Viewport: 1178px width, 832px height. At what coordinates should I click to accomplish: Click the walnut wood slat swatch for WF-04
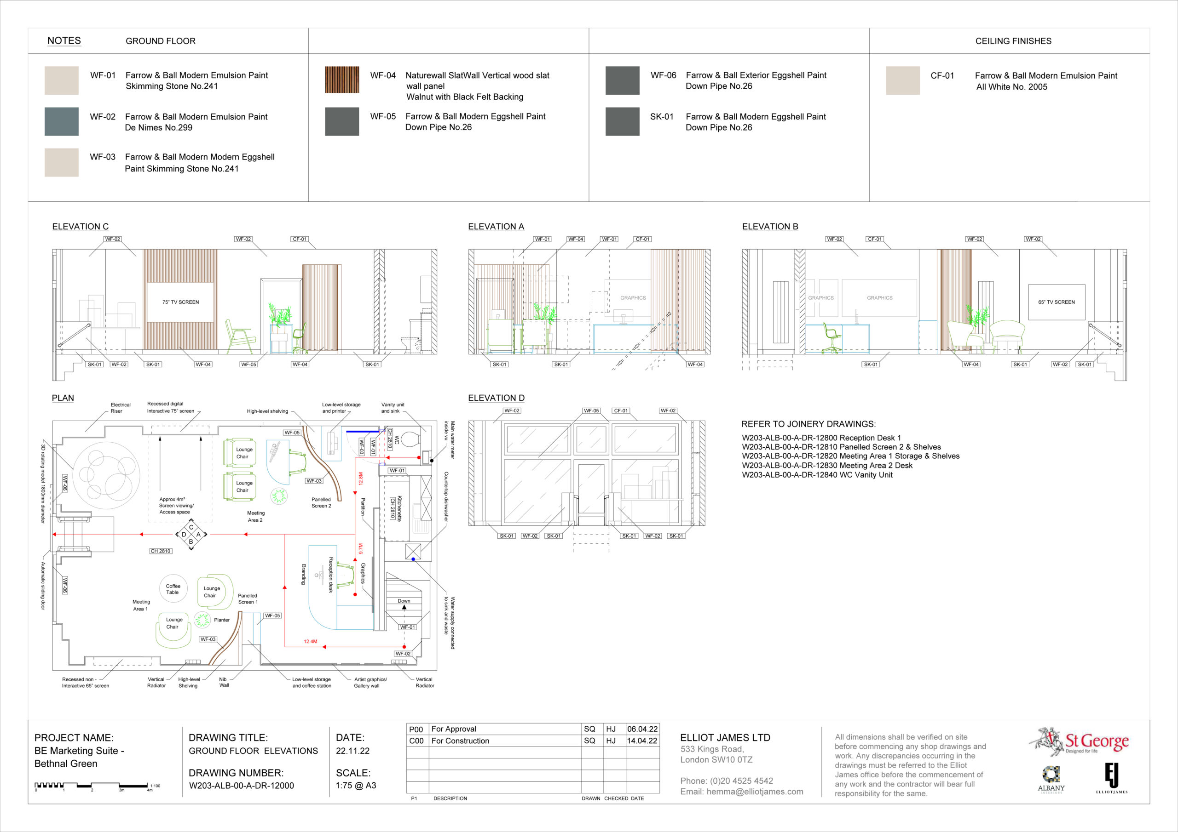[342, 80]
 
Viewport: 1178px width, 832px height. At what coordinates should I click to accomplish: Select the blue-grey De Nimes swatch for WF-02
[62, 121]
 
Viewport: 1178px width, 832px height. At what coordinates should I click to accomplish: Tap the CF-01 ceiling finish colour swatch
[902, 80]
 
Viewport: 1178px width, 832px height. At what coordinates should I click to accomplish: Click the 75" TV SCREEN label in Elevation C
[180, 302]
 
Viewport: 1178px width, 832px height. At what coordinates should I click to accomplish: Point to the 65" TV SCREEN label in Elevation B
[1057, 302]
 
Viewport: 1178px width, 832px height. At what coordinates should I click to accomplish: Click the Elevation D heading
[496, 398]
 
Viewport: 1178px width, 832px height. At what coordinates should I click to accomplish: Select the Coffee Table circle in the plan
[173, 588]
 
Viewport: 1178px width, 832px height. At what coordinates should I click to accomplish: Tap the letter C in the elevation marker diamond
[191, 527]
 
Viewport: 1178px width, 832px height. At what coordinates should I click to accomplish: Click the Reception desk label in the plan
[331, 575]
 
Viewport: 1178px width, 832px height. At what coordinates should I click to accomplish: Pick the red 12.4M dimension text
[311, 641]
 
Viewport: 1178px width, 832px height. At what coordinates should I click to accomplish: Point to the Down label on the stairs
[404, 601]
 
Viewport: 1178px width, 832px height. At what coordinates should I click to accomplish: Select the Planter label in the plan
[222, 620]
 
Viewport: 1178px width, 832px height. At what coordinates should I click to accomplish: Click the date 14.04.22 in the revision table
[642, 741]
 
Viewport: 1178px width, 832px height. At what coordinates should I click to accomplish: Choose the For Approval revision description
[454, 729]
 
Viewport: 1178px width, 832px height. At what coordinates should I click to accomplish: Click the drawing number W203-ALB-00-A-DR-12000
[241, 786]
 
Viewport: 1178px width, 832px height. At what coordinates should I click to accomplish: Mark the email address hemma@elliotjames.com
[742, 792]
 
